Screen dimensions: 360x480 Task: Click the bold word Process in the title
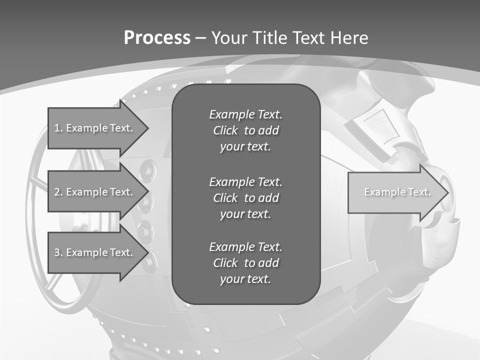click(x=157, y=38)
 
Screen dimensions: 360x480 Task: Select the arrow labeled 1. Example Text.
click(x=95, y=128)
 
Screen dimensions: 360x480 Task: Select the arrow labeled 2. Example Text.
click(x=95, y=192)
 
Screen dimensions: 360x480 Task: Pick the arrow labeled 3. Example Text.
click(x=95, y=252)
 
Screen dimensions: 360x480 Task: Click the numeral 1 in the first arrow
click(x=57, y=128)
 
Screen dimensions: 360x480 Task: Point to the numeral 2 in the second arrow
click(x=57, y=192)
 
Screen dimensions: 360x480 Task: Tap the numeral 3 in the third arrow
click(x=57, y=252)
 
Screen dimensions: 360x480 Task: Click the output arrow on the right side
click(x=395, y=192)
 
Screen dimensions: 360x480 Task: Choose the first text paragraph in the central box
click(x=245, y=130)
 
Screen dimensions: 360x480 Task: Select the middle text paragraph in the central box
click(x=245, y=197)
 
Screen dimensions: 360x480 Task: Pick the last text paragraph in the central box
click(x=245, y=263)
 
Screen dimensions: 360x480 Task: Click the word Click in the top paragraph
click(x=225, y=130)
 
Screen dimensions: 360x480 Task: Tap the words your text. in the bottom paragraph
click(x=245, y=279)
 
